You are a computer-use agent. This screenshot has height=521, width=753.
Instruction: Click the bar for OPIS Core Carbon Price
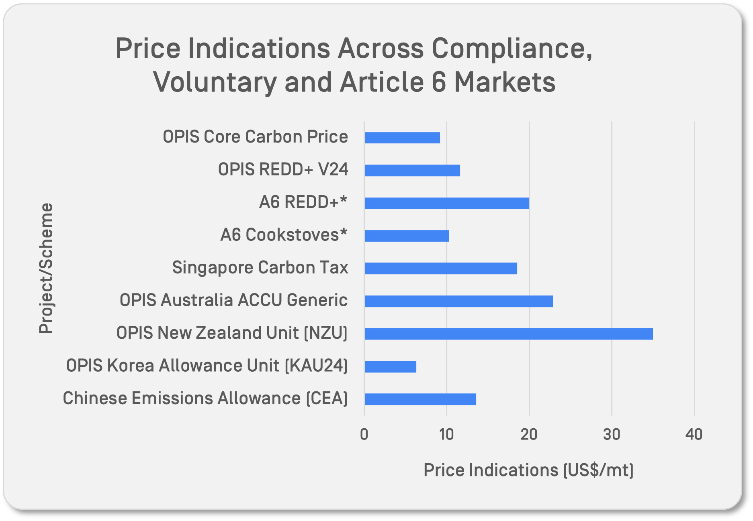[x=402, y=138]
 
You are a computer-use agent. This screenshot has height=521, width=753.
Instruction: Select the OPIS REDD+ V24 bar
[x=412, y=171]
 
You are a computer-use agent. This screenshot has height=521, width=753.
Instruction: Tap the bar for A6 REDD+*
[x=446, y=203]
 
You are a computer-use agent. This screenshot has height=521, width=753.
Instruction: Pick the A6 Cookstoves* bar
[x=406, y=236]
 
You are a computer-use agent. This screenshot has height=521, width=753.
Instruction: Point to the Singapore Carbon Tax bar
[x=440, y=269]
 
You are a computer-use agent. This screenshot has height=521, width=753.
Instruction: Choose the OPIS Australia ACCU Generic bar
[x=458, y=301]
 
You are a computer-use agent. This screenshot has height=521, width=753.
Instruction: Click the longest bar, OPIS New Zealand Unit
[x=508, y=334]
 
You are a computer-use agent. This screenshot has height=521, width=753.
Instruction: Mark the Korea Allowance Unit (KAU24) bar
[x=390, y=367]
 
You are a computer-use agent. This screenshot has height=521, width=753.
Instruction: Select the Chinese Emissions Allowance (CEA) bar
[x=420, y=399]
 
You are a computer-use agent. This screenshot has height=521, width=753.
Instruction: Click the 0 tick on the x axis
[x=364, y=434]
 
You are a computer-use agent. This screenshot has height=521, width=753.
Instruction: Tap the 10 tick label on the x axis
[x=446, y=434]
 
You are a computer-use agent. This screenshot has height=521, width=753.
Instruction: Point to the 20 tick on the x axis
[x=529, y=434]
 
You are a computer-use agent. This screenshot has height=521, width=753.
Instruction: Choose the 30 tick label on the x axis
[x=612, y=434]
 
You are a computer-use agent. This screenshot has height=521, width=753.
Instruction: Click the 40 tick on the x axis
[x=694, y=434]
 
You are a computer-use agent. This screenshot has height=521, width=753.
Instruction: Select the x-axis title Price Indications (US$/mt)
[x=528, y=470]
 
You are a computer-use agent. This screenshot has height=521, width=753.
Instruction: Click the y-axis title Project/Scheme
[x=46, y=268]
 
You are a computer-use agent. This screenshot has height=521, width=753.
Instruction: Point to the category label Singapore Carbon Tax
[x=260, y=268]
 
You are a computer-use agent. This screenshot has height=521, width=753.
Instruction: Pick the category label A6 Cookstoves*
[x=284, y=235]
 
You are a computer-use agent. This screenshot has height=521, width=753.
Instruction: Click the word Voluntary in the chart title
[x=215, y=82]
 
